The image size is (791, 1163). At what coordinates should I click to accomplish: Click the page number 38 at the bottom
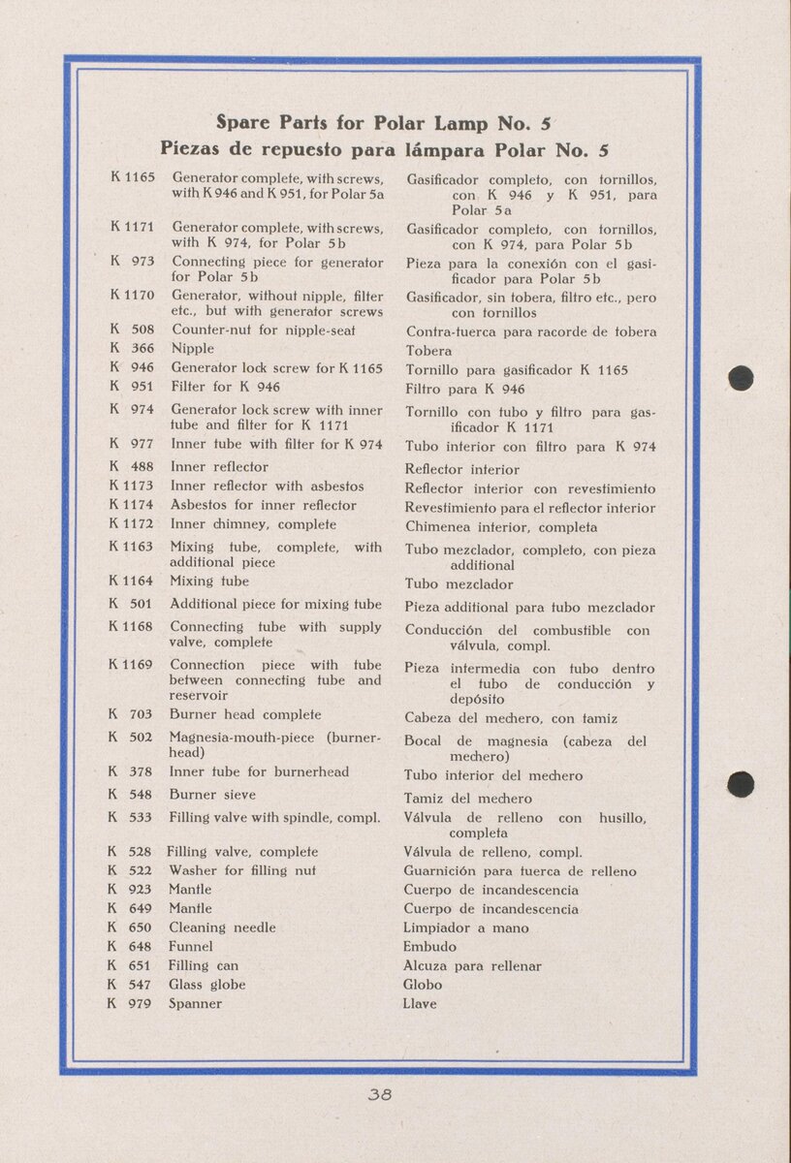pyautogui.click(x=379, y=1096)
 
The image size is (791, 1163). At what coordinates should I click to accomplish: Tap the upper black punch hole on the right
pyautogui.click(x=741, y=378)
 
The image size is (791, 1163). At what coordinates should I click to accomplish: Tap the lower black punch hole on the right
pyautogui.click(x=741, y=783)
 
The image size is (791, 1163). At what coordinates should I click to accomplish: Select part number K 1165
pyautogui.click(x=133, y=178)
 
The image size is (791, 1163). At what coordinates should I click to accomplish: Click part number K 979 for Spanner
pyautogui.click(x=130, y=1004)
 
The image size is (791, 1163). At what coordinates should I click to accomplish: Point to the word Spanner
pyautogui.click(x=195, y=1004)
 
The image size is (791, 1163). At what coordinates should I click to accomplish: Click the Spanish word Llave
pyautogui.click(x=420, y=1004)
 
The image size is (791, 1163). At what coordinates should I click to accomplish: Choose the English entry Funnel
pyautogui.click(x=191, y=947)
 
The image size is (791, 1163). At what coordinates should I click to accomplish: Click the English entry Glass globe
pyautogui.click(x=206, y=985)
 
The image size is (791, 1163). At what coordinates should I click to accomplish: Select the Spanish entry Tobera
pyautogui.click(x=428, y=351)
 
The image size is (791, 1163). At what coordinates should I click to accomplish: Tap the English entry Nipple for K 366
pyautogui.click(x=192, y=349)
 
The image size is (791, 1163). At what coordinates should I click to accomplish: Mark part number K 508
pyautogui.click(x=132, y=330)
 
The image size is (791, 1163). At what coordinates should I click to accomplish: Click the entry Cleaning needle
pyautogui.click(x=222, y=927)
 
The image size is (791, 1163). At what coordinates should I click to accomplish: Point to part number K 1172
pyautogui.click(x=132, y=524)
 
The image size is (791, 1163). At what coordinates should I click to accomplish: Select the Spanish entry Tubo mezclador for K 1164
pyautogui.click(x=459, y=584)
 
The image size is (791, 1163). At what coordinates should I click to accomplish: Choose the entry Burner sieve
pyautogui.click(x=212, y=795)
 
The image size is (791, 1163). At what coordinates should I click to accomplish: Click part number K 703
pyautogui.click(x=130, y=714)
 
